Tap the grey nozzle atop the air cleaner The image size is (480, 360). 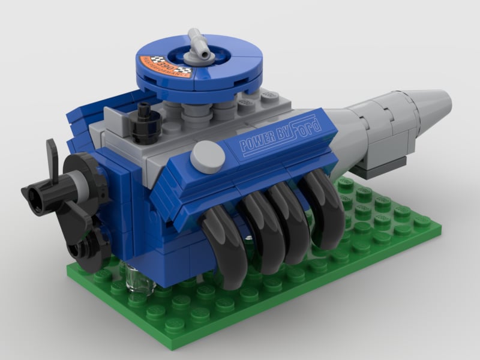(x=199, y=48)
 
